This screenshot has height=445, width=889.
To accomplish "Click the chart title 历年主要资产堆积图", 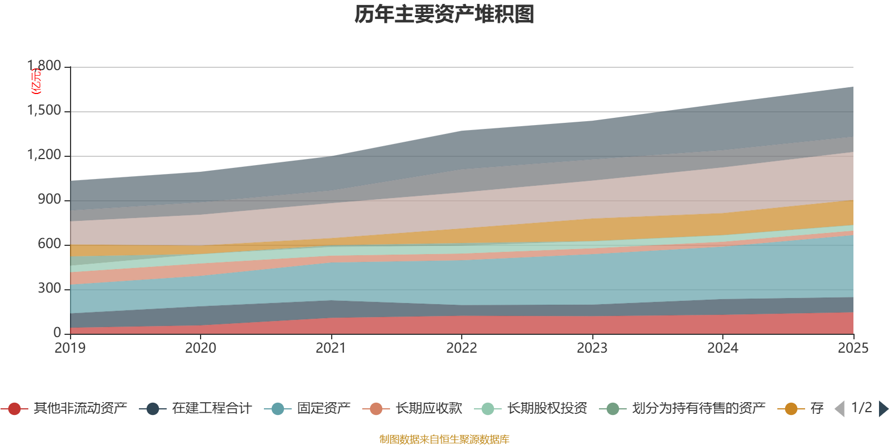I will click(444, 14).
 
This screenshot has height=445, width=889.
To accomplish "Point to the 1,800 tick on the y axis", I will click(44, 66).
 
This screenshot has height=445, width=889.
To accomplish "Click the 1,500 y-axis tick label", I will click(44, 111).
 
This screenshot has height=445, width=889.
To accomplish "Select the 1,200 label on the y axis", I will click(44, 155).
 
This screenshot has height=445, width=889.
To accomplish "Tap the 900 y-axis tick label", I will click(49, 200).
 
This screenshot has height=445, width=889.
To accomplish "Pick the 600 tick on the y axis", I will click(49, 244).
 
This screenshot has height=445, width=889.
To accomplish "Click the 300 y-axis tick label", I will click(49, 289).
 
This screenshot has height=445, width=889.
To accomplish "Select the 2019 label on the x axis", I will click(70, 348).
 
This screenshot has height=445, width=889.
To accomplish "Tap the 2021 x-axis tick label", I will click(331, 348).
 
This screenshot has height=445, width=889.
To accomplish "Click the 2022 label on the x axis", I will click(462, 348).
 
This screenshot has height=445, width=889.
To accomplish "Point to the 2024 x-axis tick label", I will click(722, 348).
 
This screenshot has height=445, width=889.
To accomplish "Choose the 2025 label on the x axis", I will click(852, 348).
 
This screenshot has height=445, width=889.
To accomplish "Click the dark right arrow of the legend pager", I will click(883, 409).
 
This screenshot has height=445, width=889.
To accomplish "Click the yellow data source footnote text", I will click(444, 439).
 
